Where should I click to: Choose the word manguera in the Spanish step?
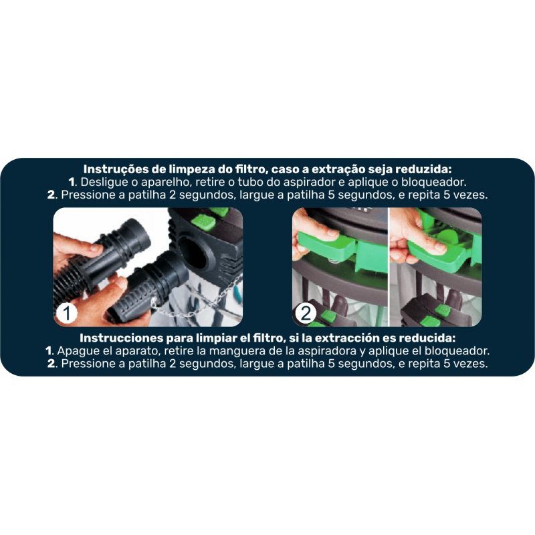click(x=235, y=351)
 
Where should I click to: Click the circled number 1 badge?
click(x=66, y=313)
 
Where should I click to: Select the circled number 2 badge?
click(x=306, y=313)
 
